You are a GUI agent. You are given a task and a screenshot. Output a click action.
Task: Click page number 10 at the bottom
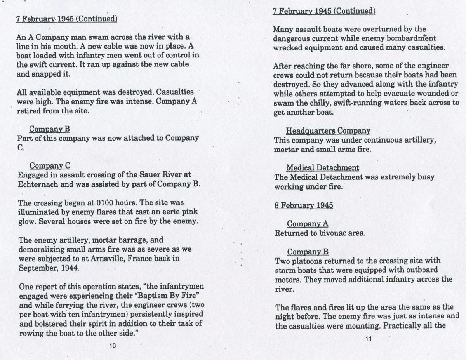click(x=113, y=346)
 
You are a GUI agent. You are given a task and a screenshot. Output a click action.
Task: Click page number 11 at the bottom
click(x=369, y=339)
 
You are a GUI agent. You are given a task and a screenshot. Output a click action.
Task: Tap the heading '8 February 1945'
click(x=304, y=205)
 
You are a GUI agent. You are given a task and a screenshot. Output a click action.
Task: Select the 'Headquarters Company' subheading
click(x=328, y=131)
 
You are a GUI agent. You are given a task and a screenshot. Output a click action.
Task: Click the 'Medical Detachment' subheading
click(x=323, y=168)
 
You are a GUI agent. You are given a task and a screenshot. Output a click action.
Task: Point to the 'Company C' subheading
click(x=50, y=166)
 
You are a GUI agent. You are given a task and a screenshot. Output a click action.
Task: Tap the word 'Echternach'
click(x=37, y=184)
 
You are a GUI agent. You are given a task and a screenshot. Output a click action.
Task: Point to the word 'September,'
click(x=37, y=268)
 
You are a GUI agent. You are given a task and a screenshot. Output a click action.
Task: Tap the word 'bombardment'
click(x=412, y=38)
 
